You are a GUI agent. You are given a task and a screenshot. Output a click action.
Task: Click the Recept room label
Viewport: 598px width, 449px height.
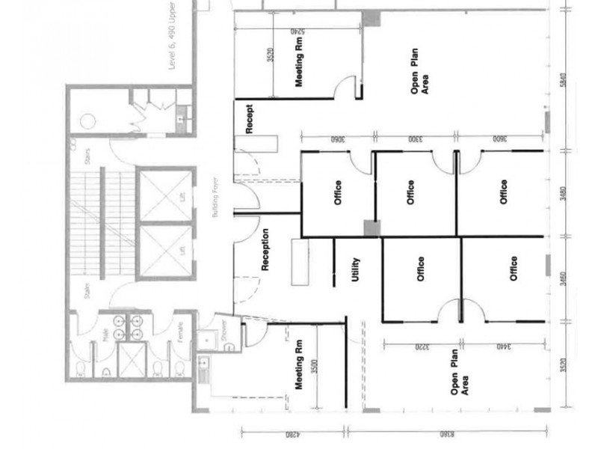coord(250,119)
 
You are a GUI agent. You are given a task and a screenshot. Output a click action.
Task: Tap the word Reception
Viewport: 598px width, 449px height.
coord(265,249)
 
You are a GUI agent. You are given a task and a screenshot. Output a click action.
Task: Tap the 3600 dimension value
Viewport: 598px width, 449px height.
coord(499,140)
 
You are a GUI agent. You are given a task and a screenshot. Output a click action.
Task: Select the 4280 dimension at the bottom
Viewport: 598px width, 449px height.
coord(294,433)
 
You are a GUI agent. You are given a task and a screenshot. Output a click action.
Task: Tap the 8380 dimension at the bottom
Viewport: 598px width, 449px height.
coord(446,433)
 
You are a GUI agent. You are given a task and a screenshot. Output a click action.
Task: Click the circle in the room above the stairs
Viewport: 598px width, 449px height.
coord(87,120)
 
